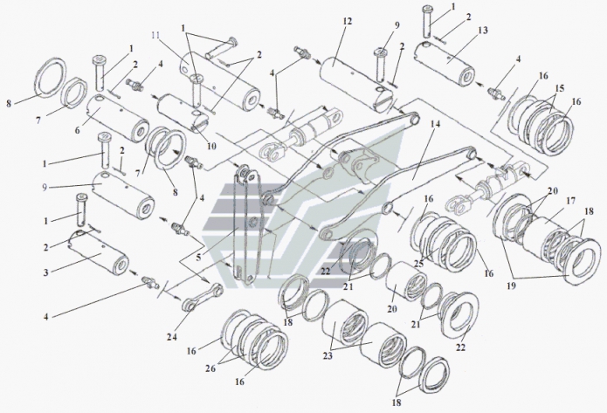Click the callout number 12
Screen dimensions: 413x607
click(347, 20)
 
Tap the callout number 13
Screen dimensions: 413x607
click(483, 31)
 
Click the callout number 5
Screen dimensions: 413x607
click(199, 258)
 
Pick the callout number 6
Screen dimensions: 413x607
click(78, 130)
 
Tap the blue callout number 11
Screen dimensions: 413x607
click(156, 37)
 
